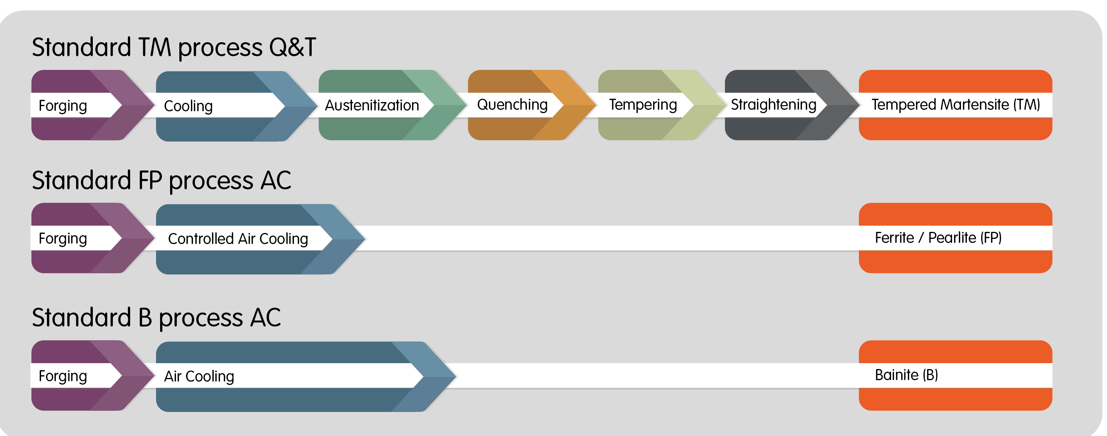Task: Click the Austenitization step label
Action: click(x=372, y=105)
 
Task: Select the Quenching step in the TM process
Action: click(x=512, y=105)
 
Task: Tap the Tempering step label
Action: click(x=643, y=105)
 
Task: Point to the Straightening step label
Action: click(x=773, y=105)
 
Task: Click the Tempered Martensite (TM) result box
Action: click(x=955, y=105)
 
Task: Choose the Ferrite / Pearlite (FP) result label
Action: click(x=938, y=238)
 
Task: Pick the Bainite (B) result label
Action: click(x=906, y=375)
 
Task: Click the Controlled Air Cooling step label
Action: click(x=238, y=239)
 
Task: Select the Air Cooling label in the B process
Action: click(x=199, y=376)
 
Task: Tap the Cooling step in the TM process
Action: click(x=188, y=106)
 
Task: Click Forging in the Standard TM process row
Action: click(x=63, y=106)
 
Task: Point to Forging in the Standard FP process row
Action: click(x=63, y=239)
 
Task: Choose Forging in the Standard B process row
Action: click(x=63, y=376)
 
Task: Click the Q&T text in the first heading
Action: click(x=292, y=47)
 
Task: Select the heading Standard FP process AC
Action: click(x=161, y=180)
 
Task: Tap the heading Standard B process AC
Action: click(x=156, y=318)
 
